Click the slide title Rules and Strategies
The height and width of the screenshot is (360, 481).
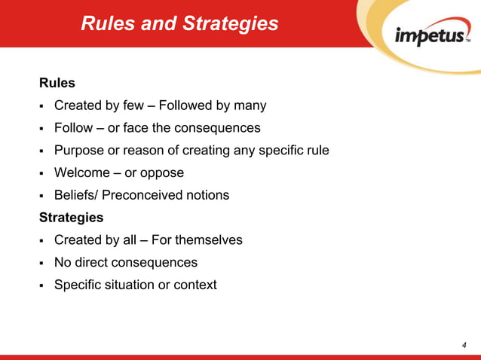coord(179,24)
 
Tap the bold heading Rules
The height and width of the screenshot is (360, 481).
coord(57,83)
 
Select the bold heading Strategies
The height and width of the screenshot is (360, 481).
coord(72,218)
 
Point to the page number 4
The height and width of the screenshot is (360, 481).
coord(464,345)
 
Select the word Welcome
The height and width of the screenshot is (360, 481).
coord(82,173)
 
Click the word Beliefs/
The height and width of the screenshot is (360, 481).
coord(76,196)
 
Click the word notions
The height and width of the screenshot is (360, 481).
coord(206,196)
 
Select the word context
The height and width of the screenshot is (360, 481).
coord(195,285)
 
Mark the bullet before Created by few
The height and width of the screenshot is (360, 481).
coord(44,106)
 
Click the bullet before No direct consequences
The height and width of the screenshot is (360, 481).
coord(44,264)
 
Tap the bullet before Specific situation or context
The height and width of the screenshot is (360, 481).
coord(44,286)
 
